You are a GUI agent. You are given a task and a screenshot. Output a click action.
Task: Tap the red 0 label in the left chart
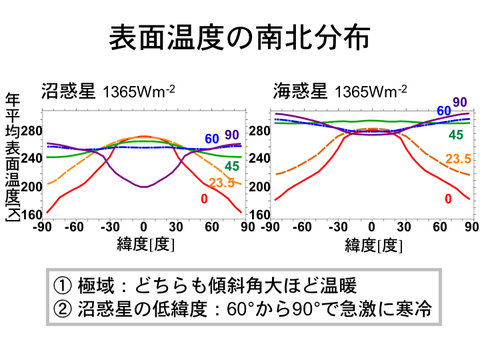(x=204, y=199)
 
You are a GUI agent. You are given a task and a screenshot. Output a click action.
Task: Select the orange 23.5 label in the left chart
(x=221, y=183)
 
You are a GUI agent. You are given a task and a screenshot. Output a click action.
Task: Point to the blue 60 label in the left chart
(x=212, y=139)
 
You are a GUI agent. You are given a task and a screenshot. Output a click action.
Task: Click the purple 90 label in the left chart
(x=232, y=135)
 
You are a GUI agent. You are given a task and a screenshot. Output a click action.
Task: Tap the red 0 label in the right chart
(x=448, y=199)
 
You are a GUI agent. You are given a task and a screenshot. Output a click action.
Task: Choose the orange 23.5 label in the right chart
(x=458, y=159)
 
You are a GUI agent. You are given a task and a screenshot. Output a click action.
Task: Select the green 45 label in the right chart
(x=456, y=135)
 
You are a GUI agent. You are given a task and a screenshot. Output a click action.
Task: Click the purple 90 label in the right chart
(x=460, y=102)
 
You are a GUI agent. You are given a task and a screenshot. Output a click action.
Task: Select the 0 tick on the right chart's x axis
(x=372, y=228)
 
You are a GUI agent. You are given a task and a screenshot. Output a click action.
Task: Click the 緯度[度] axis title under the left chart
(x=145, y=244)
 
